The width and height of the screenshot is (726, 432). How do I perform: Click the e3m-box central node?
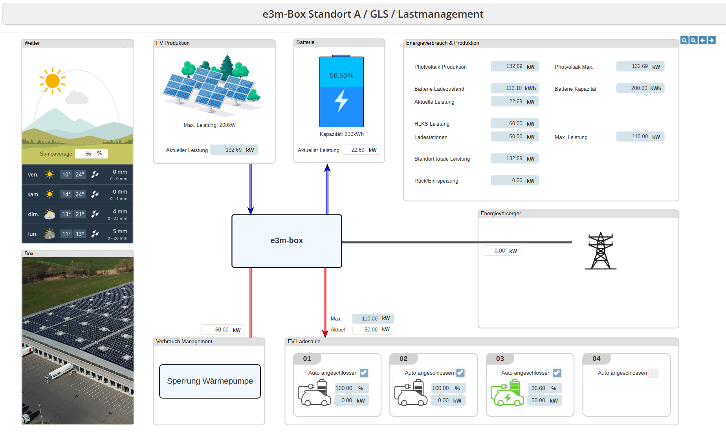pyautogui.click(x=287, y=241)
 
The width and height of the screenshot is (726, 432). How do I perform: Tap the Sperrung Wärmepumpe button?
pyautogui.click(x=210, y=381)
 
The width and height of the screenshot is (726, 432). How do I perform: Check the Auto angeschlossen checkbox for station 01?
pyautogui.click(x=364, y=373)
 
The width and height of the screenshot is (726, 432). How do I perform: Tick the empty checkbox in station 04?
pyautogui.click(x=653, y=373)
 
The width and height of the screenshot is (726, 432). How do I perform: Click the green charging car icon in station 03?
pyautogui.click(x=507, y=394)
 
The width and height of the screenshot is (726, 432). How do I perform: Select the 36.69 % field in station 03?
pyautogui.click(x=544, y=388)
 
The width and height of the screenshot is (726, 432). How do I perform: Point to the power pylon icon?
pyautogui.click(x=600, y=251)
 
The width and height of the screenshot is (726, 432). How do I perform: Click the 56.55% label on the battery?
pyautogui.click(x=341, y=75)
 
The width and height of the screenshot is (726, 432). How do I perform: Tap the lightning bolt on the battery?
pyautogui.click(x=341, y=101)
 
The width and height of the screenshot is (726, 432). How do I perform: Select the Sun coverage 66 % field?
pyautogui.click(x=91, y=154)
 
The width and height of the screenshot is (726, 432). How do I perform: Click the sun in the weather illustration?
pyautogui.click(x=52, y=81)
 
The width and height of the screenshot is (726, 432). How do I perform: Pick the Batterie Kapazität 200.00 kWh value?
pyautogui.click(x=640, y=88)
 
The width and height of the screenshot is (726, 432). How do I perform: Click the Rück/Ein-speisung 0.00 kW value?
pyautogui.click(x=515, y=181)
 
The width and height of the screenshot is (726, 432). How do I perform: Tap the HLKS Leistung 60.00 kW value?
pyautogui.click(x=515, y=124)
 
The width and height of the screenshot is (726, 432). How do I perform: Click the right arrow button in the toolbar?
pyautogui.click(x=711, y=40)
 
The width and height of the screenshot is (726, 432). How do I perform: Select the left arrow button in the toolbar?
pyautogui.click(x=702, y=40)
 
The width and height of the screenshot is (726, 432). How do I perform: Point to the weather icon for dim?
pyautogui.click(x=49, y=214)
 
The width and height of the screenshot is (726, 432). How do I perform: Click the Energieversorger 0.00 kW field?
pyautogui.click(x=502, y=251)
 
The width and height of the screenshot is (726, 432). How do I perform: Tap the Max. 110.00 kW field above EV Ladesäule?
pyautogui.click(x=373, y=319)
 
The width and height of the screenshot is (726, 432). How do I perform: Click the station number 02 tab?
pyautogui.click(x=403, y=359)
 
